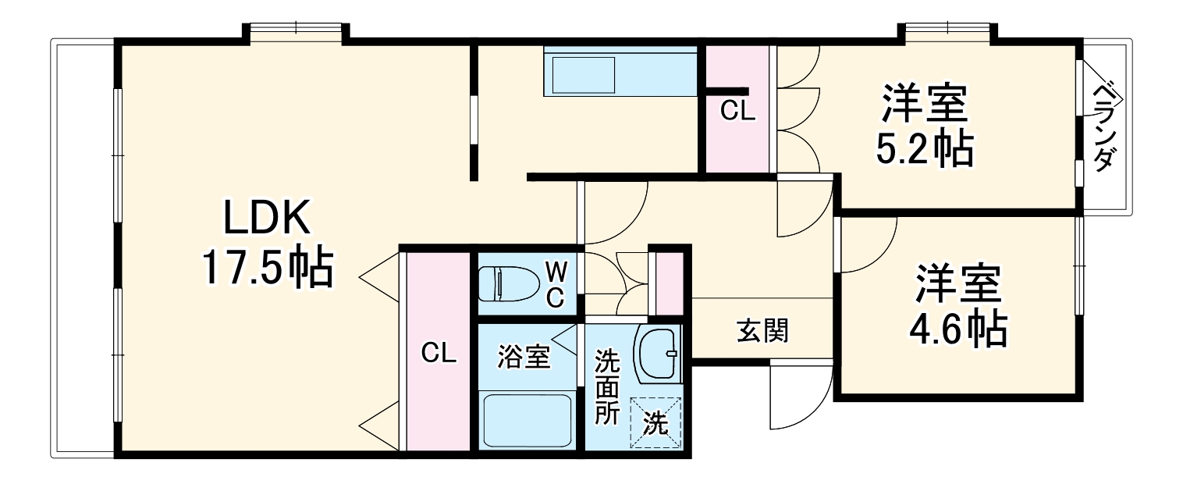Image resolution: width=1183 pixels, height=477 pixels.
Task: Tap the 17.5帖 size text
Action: [268, 267]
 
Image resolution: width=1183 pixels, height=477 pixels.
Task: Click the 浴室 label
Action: [524, 357]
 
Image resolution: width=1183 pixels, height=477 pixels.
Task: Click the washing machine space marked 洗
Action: [655, 423]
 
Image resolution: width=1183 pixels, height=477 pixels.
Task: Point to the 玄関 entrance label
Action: [762, 331]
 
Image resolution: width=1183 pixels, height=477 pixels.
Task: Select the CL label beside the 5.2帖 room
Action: [737, 112]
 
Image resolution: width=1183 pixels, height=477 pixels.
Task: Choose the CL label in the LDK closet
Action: [439, 353]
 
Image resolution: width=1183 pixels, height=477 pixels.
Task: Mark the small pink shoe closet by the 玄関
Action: [668, 280]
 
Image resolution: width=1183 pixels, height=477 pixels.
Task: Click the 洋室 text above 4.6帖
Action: [957, 285]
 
